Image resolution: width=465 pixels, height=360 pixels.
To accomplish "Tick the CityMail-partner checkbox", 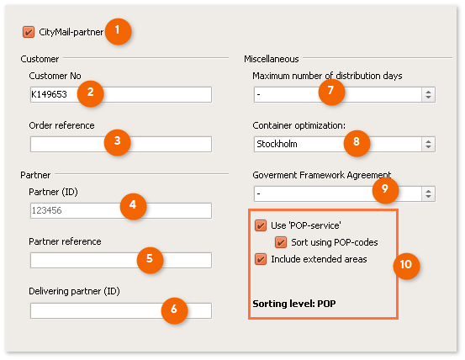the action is [x=29, y=32].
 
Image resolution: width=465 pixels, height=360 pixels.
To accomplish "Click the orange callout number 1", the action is [x=118, y=31].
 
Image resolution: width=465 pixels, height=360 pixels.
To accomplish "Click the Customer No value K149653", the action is [x=50, y=94].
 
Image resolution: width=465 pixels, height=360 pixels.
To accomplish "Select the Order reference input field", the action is [x=121, y=144].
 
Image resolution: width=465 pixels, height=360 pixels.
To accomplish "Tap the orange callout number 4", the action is [x=133, y=206].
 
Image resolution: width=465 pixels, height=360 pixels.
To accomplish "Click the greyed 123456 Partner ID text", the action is [x=46, y=210].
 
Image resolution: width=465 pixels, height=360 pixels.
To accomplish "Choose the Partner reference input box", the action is [x=121, y=260].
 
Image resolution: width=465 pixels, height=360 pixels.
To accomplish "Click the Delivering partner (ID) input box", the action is [x=121, y=310].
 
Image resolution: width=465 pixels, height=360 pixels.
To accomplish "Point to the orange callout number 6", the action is [x=174, y=310].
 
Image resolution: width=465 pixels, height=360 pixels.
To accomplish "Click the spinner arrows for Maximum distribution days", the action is [x=428, y=94].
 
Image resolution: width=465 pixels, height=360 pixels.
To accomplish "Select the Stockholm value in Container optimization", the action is [x=277, y=144].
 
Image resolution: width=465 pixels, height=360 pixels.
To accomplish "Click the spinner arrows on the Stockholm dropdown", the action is [x=428, y=144].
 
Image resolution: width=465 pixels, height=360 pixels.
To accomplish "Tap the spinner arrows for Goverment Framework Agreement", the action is [x=428, y=193].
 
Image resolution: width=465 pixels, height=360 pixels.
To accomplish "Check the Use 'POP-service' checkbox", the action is [x=261, y=225].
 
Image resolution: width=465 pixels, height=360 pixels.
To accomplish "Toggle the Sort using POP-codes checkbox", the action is [x=281, y=242].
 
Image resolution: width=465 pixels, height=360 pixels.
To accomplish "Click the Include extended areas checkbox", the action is [x=261, y=259].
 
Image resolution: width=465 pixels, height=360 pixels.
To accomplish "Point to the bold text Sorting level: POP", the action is [x=294, y=304].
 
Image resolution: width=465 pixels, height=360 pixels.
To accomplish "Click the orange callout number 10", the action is [x=406, y=265].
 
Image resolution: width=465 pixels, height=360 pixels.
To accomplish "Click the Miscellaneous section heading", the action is [x=272, y=59].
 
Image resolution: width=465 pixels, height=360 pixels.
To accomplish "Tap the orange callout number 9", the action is [x=385, y=190].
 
